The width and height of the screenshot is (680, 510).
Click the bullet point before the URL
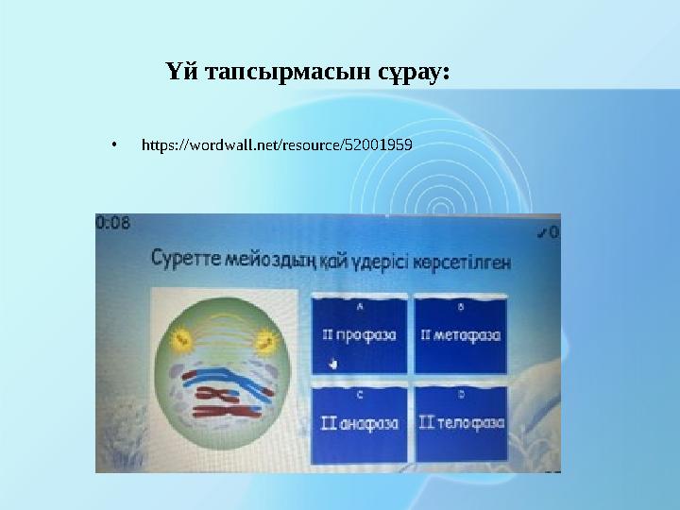coord(112,146)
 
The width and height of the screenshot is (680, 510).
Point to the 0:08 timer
coord(113,223)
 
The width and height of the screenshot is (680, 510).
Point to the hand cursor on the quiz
coord(331,363)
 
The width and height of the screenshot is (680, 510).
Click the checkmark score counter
coord(547,229)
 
